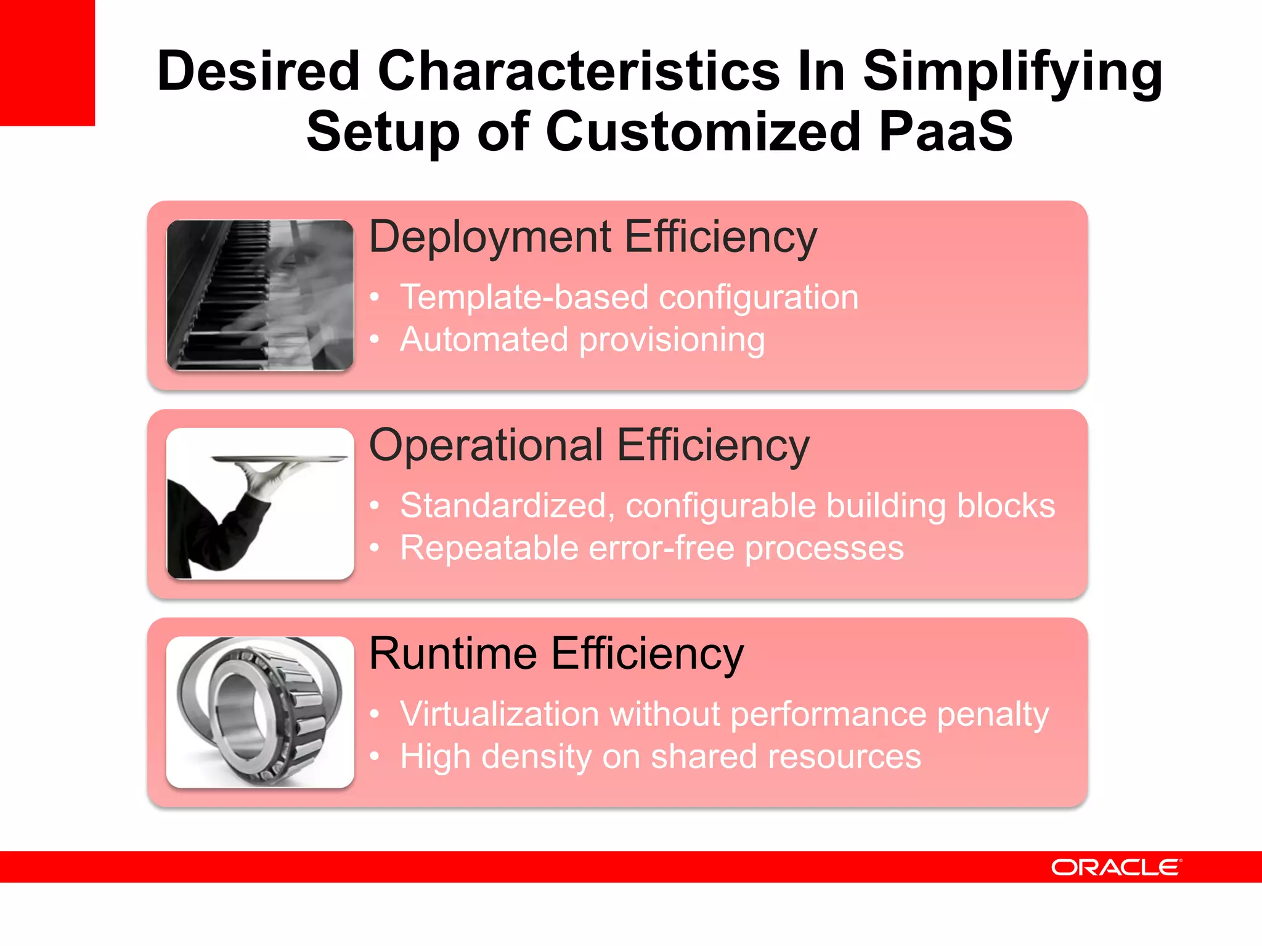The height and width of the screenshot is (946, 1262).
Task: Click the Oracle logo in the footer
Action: [1116, 867]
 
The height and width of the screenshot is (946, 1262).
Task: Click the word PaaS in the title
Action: [945, 131]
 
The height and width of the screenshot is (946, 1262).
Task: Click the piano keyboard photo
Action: [260, 295]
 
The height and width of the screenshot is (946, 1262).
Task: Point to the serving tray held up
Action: [280, 459]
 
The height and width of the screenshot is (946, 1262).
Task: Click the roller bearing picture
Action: [260, 712]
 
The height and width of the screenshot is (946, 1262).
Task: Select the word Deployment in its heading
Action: [490, 237]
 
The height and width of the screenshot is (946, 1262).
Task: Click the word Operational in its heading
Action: [486, 445]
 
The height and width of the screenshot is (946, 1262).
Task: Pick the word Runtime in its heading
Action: [453, 653]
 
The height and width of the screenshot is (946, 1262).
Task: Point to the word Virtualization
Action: [499, 714]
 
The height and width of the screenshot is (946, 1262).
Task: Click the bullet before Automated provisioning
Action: [374, 339]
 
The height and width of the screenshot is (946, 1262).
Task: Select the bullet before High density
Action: [374, 756]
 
